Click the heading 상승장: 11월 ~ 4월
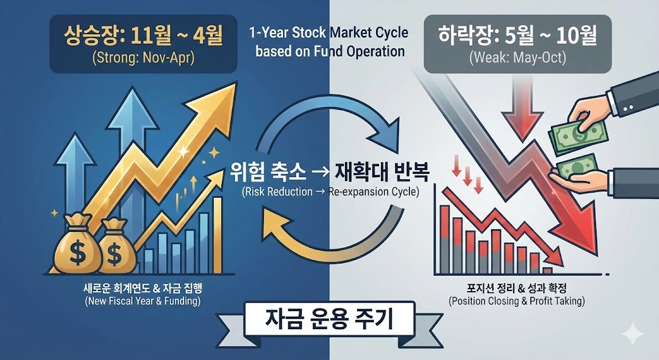[x=143, y=37]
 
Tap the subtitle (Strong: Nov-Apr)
[x=143, y=57]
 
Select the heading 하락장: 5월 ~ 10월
[x=517, y=37]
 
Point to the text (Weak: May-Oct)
[x=517, y=57]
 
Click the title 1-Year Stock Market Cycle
[x=329, y=32]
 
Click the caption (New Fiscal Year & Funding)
[x=142, y=301]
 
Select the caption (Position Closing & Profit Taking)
[x=517, y=301]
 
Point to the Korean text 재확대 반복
[x=382, y=173]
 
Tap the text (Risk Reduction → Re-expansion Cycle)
[x=330, y=192]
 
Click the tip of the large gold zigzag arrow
[x=236, y=83]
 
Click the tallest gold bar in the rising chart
[x=218, y=235]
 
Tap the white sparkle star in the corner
[x=633, y=334]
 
